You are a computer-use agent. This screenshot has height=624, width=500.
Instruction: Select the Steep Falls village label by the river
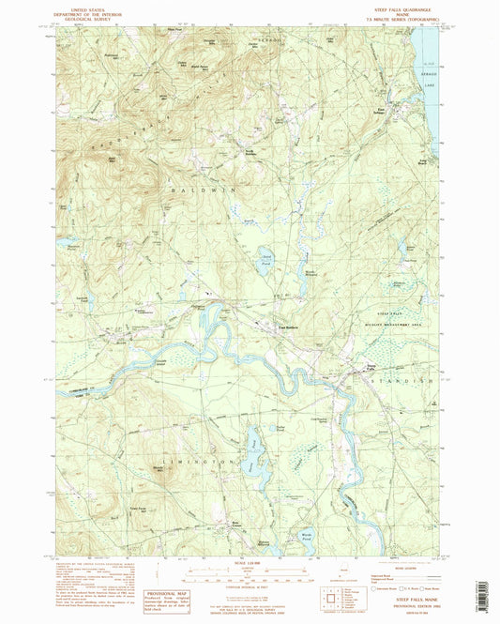coord(373,367)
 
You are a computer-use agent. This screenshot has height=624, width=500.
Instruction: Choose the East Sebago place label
coord(379,110)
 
